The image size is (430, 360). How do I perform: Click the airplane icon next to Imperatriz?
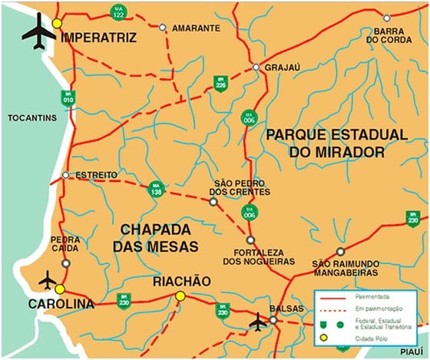click(x=38, y=30)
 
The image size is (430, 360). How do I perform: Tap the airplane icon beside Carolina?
click(x=48, y=279)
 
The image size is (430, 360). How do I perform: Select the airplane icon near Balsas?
click(x=258, y=322)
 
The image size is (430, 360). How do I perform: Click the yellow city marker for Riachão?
click(x=180, y=296)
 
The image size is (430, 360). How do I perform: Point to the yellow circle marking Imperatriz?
click(x=57, y=24)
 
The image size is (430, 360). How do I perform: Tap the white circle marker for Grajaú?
click(x=256, y=68)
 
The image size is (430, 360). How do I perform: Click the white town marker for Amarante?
click(x=162, y=28)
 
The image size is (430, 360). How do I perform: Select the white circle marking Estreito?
click(x=65, y=175)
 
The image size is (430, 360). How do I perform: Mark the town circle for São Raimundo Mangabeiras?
click(x=340, y=251)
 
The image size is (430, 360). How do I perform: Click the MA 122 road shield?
click(x=117, y=12)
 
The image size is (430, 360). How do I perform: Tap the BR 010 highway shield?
click(x=68, y=97)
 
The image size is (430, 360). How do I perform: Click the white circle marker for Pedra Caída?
click(x=66, y=263)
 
